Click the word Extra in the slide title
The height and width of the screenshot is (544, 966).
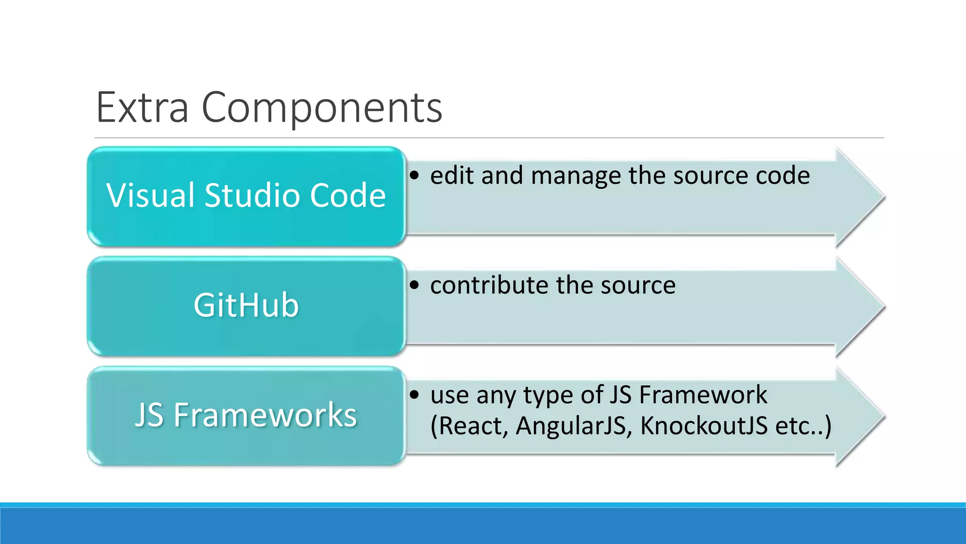(142, 108)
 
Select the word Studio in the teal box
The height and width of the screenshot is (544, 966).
(252, 195)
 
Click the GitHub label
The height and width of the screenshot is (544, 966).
(246, 305)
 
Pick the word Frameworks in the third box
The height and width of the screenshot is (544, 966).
(265, 415)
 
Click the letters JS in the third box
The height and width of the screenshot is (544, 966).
(149, 415)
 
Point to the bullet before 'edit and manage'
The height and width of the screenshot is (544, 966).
(414, 176)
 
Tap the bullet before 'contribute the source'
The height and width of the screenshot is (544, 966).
(414, 285)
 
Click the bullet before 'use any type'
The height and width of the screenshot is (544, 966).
(414, 395)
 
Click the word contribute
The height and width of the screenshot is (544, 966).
(489, 285)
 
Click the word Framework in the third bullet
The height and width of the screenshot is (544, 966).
(703, 395)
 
